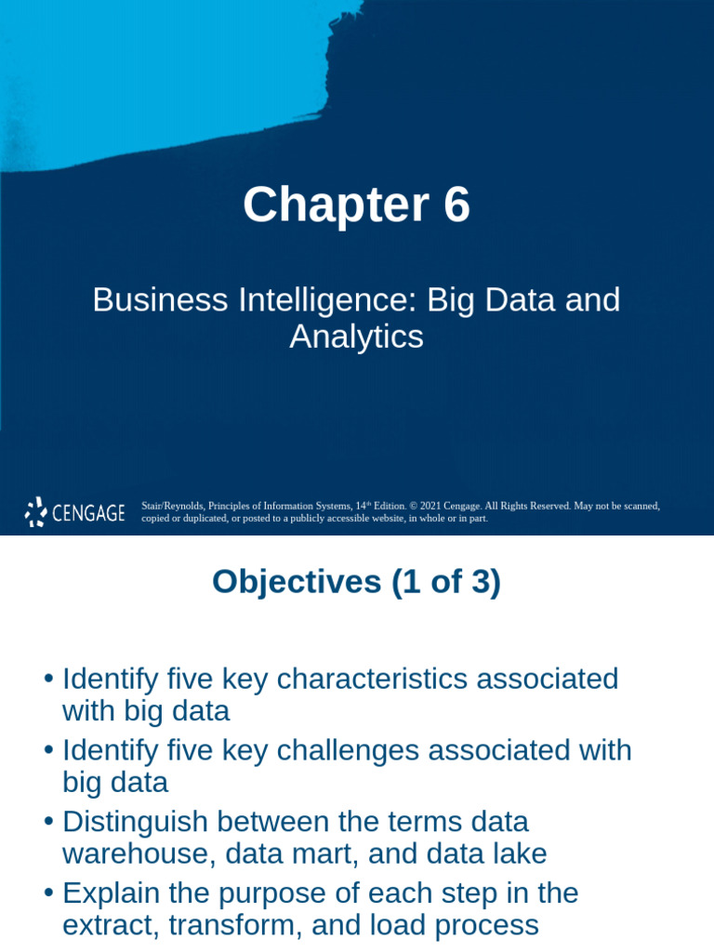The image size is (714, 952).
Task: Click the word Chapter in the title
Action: point(329,205)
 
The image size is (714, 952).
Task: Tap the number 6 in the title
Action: point(456,205)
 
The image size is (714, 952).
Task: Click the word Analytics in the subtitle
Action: point(356,337)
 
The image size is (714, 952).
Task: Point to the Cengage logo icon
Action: point(35,511)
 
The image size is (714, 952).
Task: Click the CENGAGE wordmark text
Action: point(88,512)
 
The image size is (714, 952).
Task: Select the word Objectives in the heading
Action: point(297,582)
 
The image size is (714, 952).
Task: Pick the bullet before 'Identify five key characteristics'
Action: point(48,679)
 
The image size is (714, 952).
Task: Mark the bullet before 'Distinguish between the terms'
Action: point(48,822)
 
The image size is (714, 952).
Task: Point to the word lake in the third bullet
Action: point(522,853)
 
